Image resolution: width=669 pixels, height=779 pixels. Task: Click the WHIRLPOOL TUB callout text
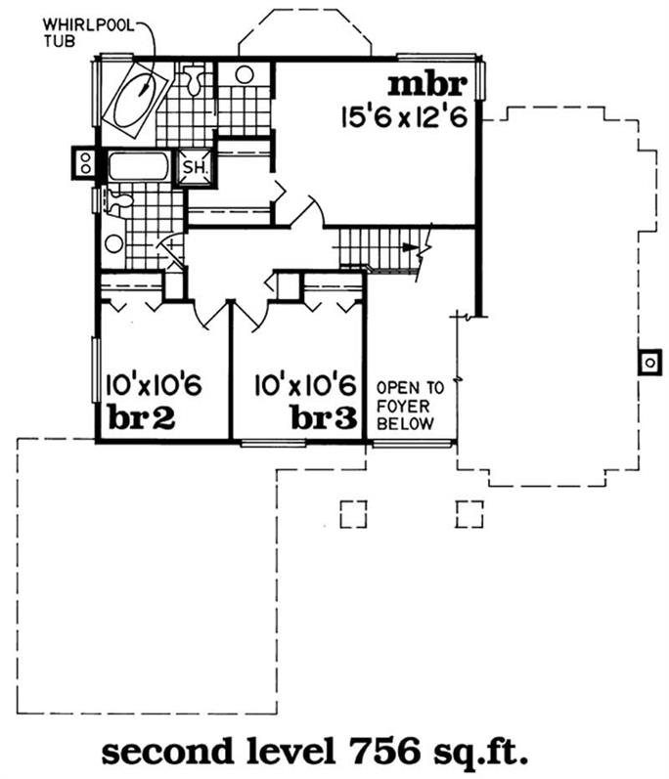pyautogui.click(x=88, y=32)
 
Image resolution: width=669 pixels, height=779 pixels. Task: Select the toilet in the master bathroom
pyautogui.click(x=195, y=78)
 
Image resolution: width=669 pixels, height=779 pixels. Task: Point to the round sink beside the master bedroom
pyautogui.click(x=245, y=74)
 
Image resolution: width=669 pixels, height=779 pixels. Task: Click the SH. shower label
pyautogui.click(x=195, y=167)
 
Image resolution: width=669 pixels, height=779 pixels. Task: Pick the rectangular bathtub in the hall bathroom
pyautogui.click(x=138, y=166)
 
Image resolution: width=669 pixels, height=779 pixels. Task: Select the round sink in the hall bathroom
pyautogui.click(x=114, y=244)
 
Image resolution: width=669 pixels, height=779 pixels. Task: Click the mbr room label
pyautogui.click(x=427, y=84)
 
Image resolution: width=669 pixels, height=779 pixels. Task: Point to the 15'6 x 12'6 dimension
pyautogui.click(x=404, y=117)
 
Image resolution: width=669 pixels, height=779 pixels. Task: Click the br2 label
pyautogui.click(x=142, y=418)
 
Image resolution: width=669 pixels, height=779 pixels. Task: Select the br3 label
pyautogui.click(x=324, y=418)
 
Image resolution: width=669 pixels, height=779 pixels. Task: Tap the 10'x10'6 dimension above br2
pyautogui.click(x=154, y=385)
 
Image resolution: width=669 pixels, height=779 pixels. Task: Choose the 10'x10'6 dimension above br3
pyautogui.click(x=306, y=385)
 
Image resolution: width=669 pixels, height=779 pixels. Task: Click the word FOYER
pyautogui.click(x=403, y=407)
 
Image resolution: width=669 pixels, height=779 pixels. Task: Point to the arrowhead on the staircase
pyautogui.click(x=409, y=247)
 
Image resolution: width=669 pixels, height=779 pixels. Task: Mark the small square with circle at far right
pyautogui.click(x=649, y=363)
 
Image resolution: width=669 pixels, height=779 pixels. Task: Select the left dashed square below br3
pyautogui.click(x=353, y=514)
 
